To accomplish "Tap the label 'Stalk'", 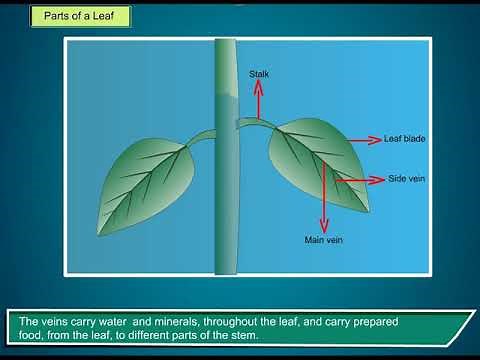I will click(x=259, y=74).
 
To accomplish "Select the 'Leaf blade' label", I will click(x=405, y=139).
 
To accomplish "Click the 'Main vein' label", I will click(x=323, y=240).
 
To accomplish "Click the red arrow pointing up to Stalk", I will click(x=259, y=100).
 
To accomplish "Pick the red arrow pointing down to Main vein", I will click(x=324, y=200).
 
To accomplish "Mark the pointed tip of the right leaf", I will click(x=372, y=211).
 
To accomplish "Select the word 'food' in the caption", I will click(x=33, y=336).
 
